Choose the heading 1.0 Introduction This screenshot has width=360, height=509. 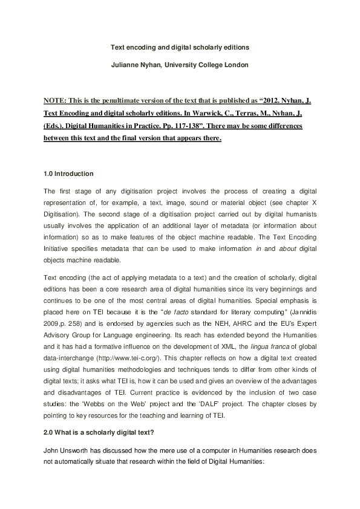click(69, 174)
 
